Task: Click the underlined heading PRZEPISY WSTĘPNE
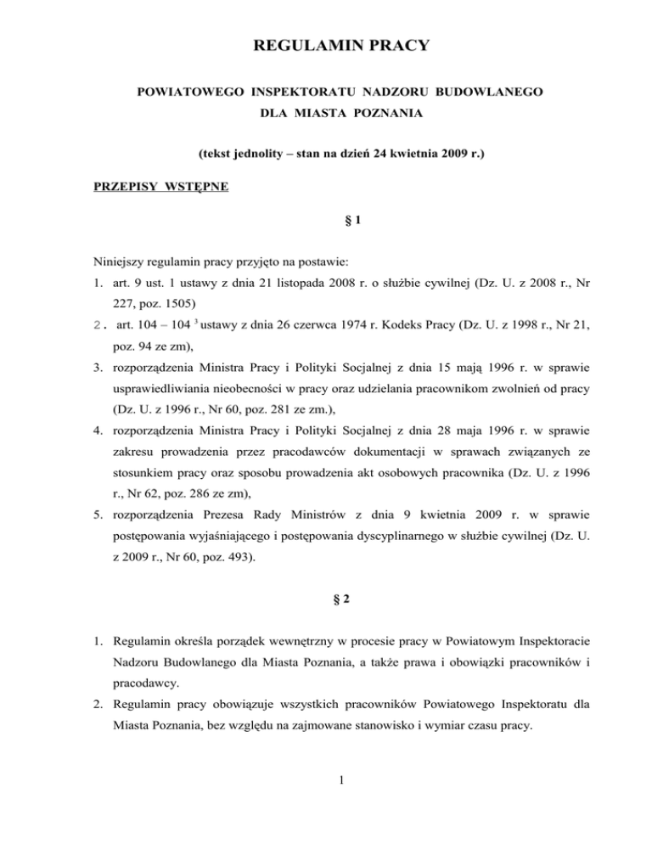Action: point(160,187)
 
